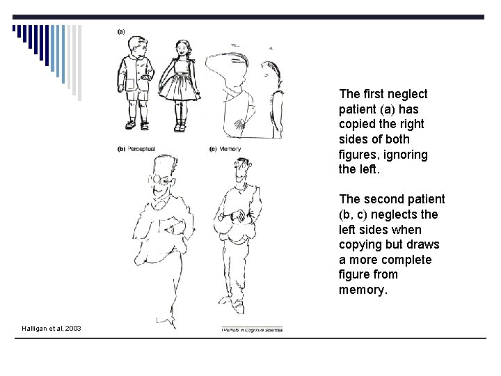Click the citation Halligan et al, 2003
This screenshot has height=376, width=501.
point(51,328)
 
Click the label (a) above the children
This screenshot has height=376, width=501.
point(121,31)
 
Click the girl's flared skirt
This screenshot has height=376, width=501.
point(180,86)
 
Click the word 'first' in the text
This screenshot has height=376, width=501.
point(374,94)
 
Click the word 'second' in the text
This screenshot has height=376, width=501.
point(381,199)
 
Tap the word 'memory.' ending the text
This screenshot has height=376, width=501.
point(361,290)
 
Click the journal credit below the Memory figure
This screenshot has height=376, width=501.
point(252,329)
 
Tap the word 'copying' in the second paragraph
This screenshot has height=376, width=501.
point(360,244)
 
